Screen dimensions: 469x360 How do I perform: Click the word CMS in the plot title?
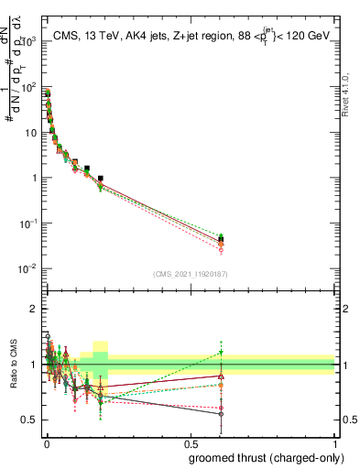coord(66,37)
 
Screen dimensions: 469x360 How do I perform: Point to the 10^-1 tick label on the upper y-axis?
coord(26,224)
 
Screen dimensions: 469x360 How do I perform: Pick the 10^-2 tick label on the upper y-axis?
coord(26,268)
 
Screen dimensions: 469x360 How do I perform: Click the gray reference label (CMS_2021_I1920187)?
coord(190,274)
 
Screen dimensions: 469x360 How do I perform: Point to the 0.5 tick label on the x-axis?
coord(191,441)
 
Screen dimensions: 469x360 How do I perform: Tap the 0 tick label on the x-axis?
coord(47,441)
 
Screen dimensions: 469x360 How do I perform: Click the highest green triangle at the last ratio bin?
coord(221,352)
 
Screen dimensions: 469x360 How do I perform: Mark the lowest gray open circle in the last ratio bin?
coord(221,414)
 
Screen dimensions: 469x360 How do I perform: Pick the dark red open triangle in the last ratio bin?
coord(221,376)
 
